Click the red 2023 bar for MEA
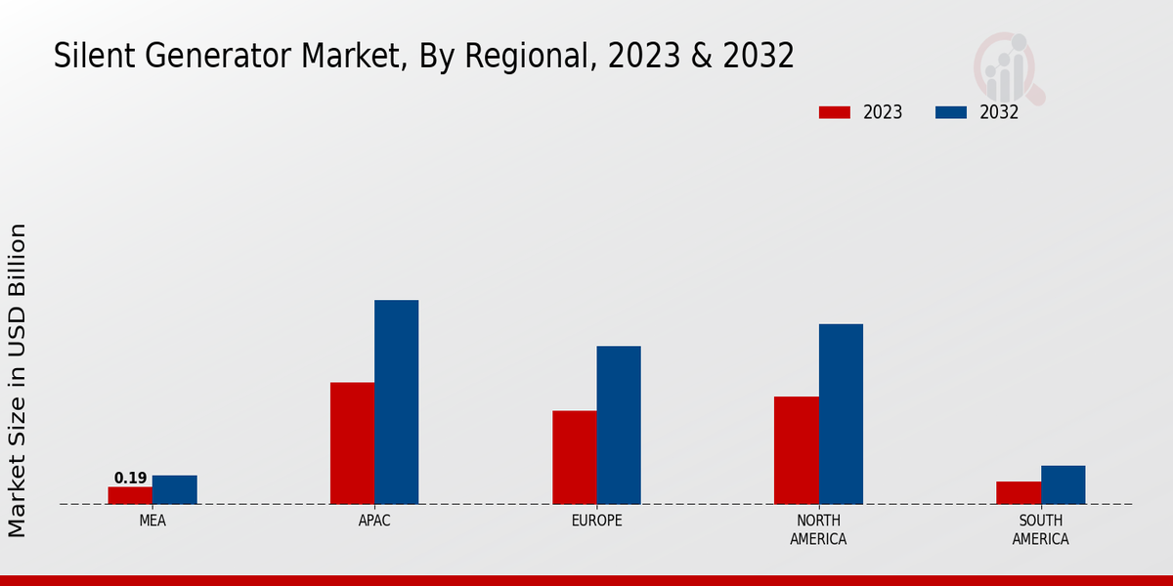[130, 495]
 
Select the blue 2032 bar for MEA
[175, 489]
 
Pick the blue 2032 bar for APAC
[397, 401]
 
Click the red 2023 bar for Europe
[574, 457]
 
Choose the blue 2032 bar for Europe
[619, 425]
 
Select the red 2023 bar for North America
[796, 450]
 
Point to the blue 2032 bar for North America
[841, 413]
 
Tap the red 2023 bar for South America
[1018, 492]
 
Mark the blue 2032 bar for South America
[1063, 484]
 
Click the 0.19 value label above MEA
[130, 478]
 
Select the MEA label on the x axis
[152, 521]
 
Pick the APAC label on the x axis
[374, 521]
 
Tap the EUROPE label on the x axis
[596, 521]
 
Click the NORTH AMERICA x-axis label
[818, 529]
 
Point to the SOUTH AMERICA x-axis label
[1040, 529]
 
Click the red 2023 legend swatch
[834, 112]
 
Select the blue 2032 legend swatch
[950, 112]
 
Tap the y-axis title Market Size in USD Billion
[18, 380]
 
